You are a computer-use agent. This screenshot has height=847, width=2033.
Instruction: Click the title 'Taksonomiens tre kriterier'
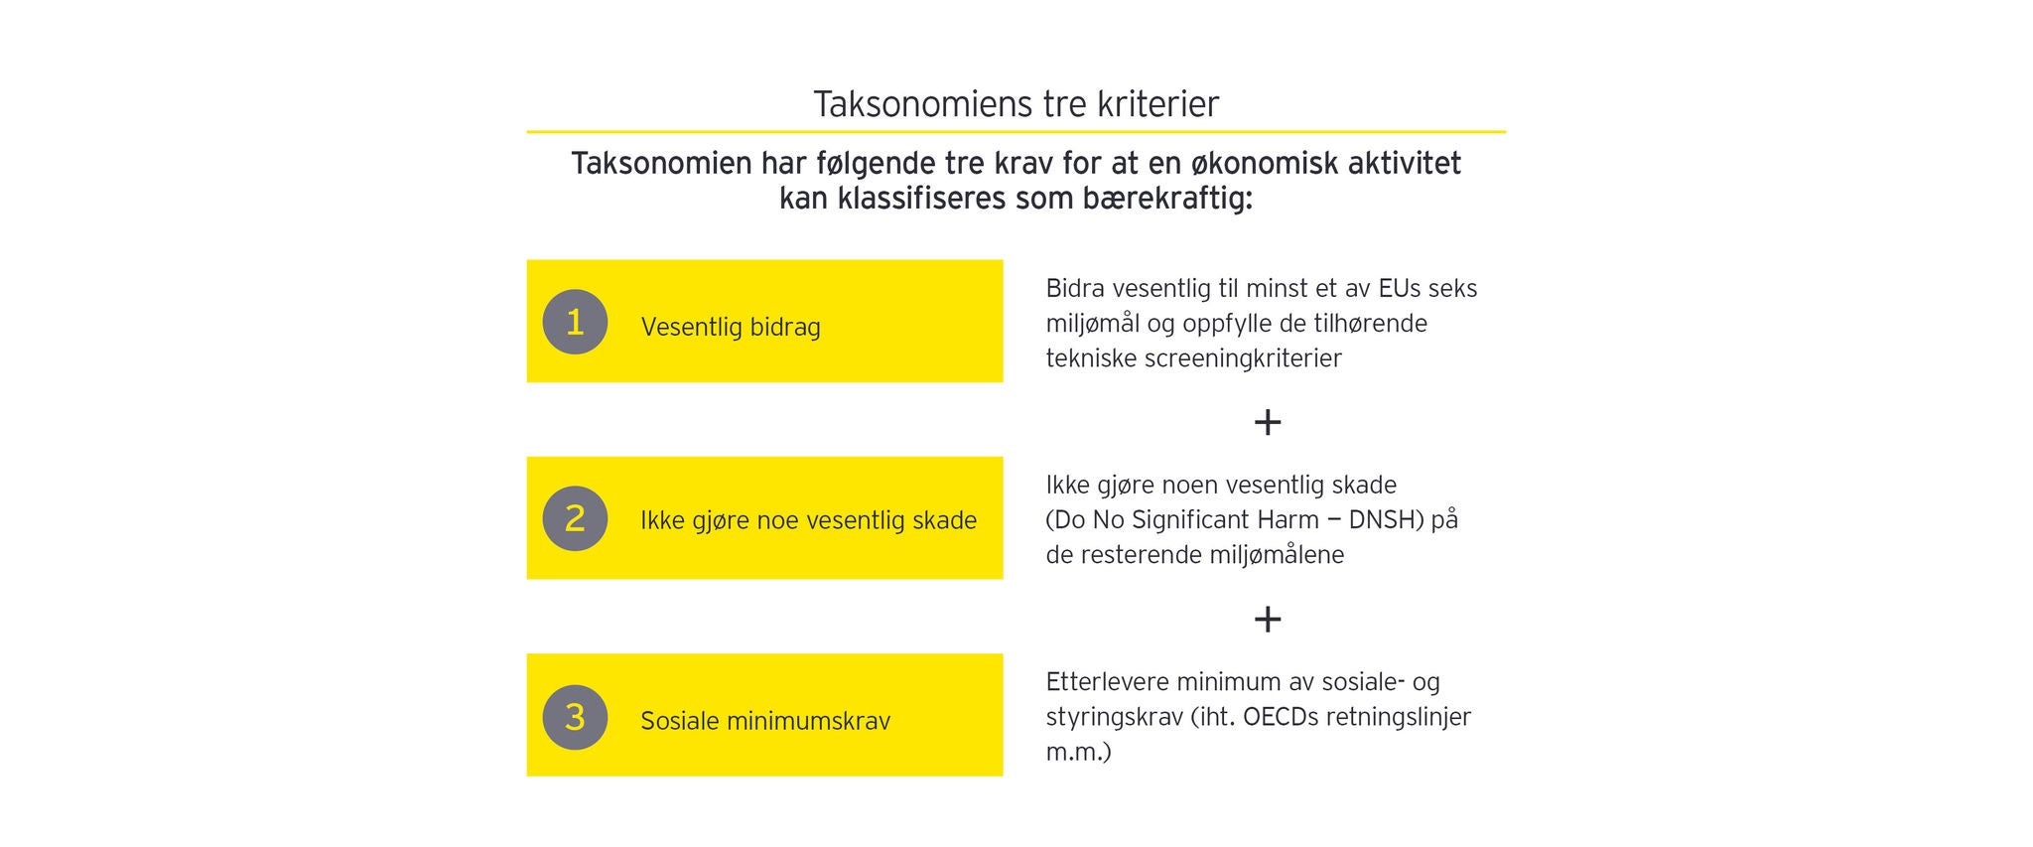point(1016,104)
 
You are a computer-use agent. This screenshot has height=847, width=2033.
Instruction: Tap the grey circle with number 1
point(575,322)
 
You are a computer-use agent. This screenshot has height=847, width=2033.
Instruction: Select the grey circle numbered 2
point(575,518)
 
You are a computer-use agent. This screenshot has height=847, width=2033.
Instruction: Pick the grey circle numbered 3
point(575,717)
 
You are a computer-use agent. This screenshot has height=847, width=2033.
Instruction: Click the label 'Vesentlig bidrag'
point(731,328)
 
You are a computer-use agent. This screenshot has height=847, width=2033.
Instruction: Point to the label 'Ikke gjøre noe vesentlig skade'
point(809,520)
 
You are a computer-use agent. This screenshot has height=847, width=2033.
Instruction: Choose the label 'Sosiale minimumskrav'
point(765,721)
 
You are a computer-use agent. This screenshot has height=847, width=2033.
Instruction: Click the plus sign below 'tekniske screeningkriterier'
point(1268,422)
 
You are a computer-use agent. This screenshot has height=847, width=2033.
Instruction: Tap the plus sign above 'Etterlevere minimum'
point(1268,619)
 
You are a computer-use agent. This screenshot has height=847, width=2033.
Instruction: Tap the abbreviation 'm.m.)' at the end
point(1079,752)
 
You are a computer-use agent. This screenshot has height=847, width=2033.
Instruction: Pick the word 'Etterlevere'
point(1107,682)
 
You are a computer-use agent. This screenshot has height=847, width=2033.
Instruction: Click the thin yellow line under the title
point(1016,131)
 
